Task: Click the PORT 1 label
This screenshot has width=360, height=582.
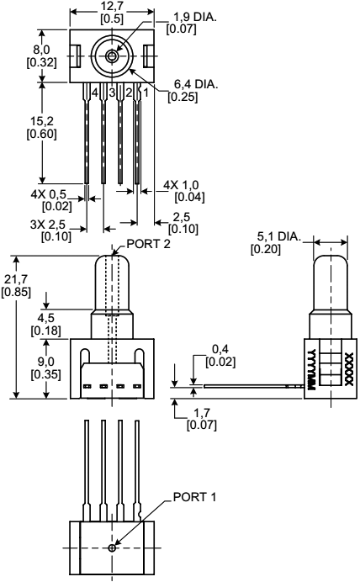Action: point(193,496)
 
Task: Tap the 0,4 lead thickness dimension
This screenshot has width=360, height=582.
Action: point(220,354)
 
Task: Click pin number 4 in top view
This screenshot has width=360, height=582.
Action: point(95,91)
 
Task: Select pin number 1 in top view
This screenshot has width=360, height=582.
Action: point(145,91)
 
